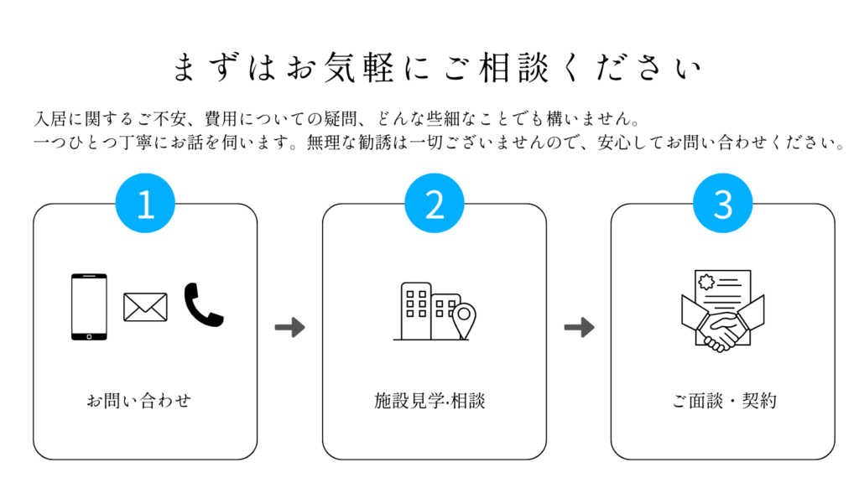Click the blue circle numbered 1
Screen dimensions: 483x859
point(145,205)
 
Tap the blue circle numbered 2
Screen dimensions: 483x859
point(435,205)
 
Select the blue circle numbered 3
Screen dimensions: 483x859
point(723,205)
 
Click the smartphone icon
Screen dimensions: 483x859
point(89,307)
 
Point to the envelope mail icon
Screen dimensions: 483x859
point(145,307)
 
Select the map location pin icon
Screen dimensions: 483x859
point(463,321)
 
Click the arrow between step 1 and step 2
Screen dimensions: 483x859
point(289,327)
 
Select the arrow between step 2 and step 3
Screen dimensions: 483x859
point(579,327)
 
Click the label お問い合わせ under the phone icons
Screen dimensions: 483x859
point(139,400)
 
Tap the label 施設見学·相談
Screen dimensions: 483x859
point(429,400)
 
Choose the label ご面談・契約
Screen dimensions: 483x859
point(724,400)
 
